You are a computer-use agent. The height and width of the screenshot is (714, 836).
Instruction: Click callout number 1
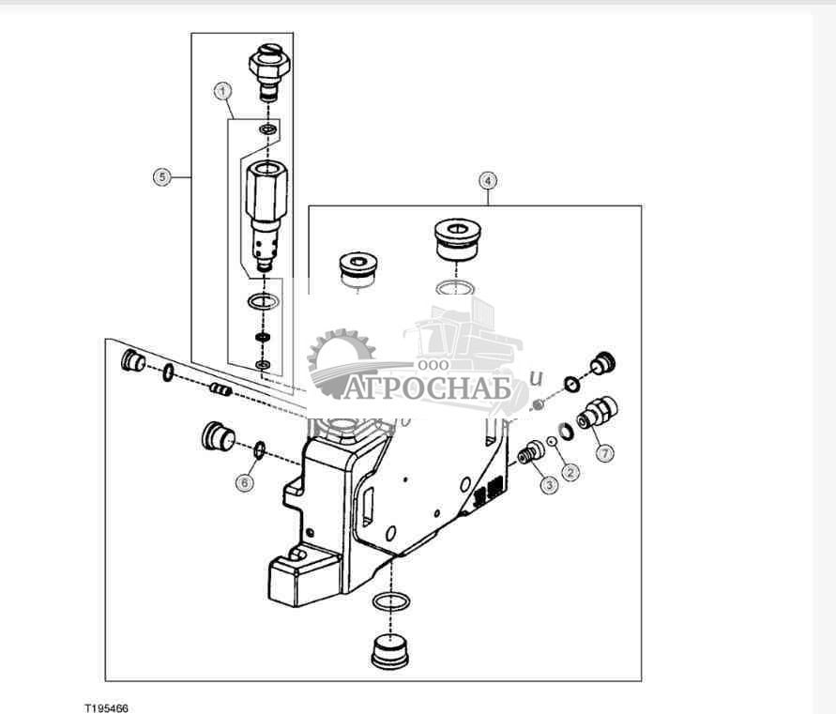coord(222,91)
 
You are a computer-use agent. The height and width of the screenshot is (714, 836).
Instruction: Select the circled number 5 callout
coord(162,176)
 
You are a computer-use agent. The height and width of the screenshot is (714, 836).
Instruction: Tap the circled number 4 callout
coord(486,179)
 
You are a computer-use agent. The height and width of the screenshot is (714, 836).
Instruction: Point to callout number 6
coord(244,482)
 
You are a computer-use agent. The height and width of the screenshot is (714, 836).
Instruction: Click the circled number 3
coord(548,484)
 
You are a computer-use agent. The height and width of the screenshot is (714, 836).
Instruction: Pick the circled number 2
coord(571,472)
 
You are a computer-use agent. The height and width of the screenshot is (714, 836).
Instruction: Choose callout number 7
coord(605,453)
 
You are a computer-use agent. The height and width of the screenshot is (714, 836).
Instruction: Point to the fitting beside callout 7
coord(595,413)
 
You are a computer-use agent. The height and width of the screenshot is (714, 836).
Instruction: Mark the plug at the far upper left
coord(133,359)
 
